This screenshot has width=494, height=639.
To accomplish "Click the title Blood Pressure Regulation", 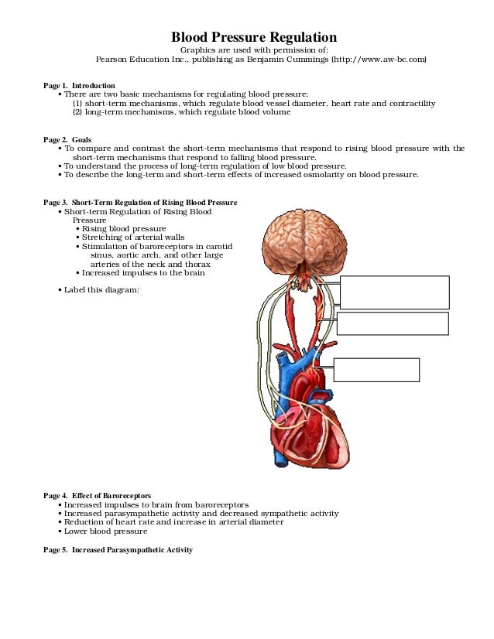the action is coord(253,37).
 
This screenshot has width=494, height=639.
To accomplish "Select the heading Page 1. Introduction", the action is coord(79,85).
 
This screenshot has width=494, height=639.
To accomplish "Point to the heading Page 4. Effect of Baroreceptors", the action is coord(97,495).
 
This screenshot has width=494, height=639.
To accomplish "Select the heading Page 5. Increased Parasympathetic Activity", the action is coord(118,549).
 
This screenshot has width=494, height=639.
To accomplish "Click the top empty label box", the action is coord(395,292).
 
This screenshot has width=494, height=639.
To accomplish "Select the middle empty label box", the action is coord(393,323).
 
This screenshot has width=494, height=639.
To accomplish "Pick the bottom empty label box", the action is coord(376,370).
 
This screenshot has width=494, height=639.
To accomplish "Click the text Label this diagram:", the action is coord(101,290).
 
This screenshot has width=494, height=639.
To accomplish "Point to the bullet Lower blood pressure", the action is coord(105,531).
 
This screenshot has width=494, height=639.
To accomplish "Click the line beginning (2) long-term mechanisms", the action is coord(182,112).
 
